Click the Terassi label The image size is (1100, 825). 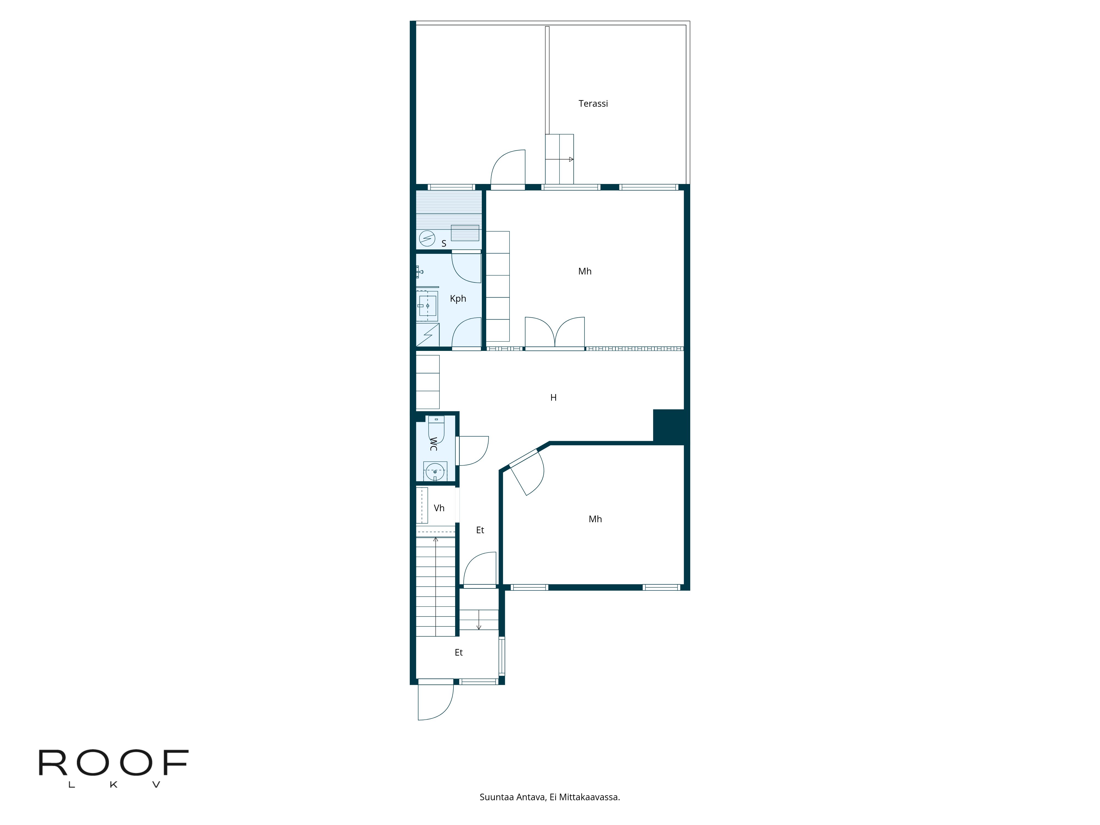tap(593, 103)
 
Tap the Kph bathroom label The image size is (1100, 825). tap(458, 298)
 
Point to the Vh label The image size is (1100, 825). tap(439, 508)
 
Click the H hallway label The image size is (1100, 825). tap(554, 397)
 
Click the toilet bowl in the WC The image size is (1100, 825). tap(436, 429)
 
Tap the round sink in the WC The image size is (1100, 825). tap(435, 471)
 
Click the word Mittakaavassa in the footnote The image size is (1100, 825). tap(589, 797)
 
